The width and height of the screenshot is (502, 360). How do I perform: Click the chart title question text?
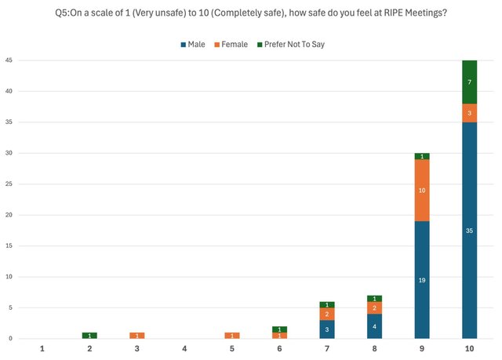[252, 13]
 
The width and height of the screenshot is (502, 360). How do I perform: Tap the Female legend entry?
[232, 44]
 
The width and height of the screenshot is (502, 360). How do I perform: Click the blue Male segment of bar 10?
[469, 231]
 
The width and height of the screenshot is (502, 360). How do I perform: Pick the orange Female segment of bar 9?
[422, 191]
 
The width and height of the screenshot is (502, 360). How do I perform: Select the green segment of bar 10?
[469, 82]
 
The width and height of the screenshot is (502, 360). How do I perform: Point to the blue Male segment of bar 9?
[422, 279]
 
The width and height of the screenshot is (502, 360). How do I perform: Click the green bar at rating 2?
[89, 335]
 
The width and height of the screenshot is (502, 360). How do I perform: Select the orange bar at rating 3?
[136, 335]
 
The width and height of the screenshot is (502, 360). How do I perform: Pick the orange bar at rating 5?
[232, 335]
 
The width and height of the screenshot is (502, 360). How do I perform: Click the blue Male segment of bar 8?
[374, 326]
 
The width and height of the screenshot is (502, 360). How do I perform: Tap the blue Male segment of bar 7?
[327, 329]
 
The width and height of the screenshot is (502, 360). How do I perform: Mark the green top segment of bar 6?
[279, 329]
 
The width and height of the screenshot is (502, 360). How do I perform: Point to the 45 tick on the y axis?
[9, 60]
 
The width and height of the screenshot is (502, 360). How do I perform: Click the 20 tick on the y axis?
[9, 215]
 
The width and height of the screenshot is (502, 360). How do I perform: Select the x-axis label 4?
[184, 347]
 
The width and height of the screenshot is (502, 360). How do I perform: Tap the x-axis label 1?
[42, 347]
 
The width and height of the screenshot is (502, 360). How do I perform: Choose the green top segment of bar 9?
[422, 156]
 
